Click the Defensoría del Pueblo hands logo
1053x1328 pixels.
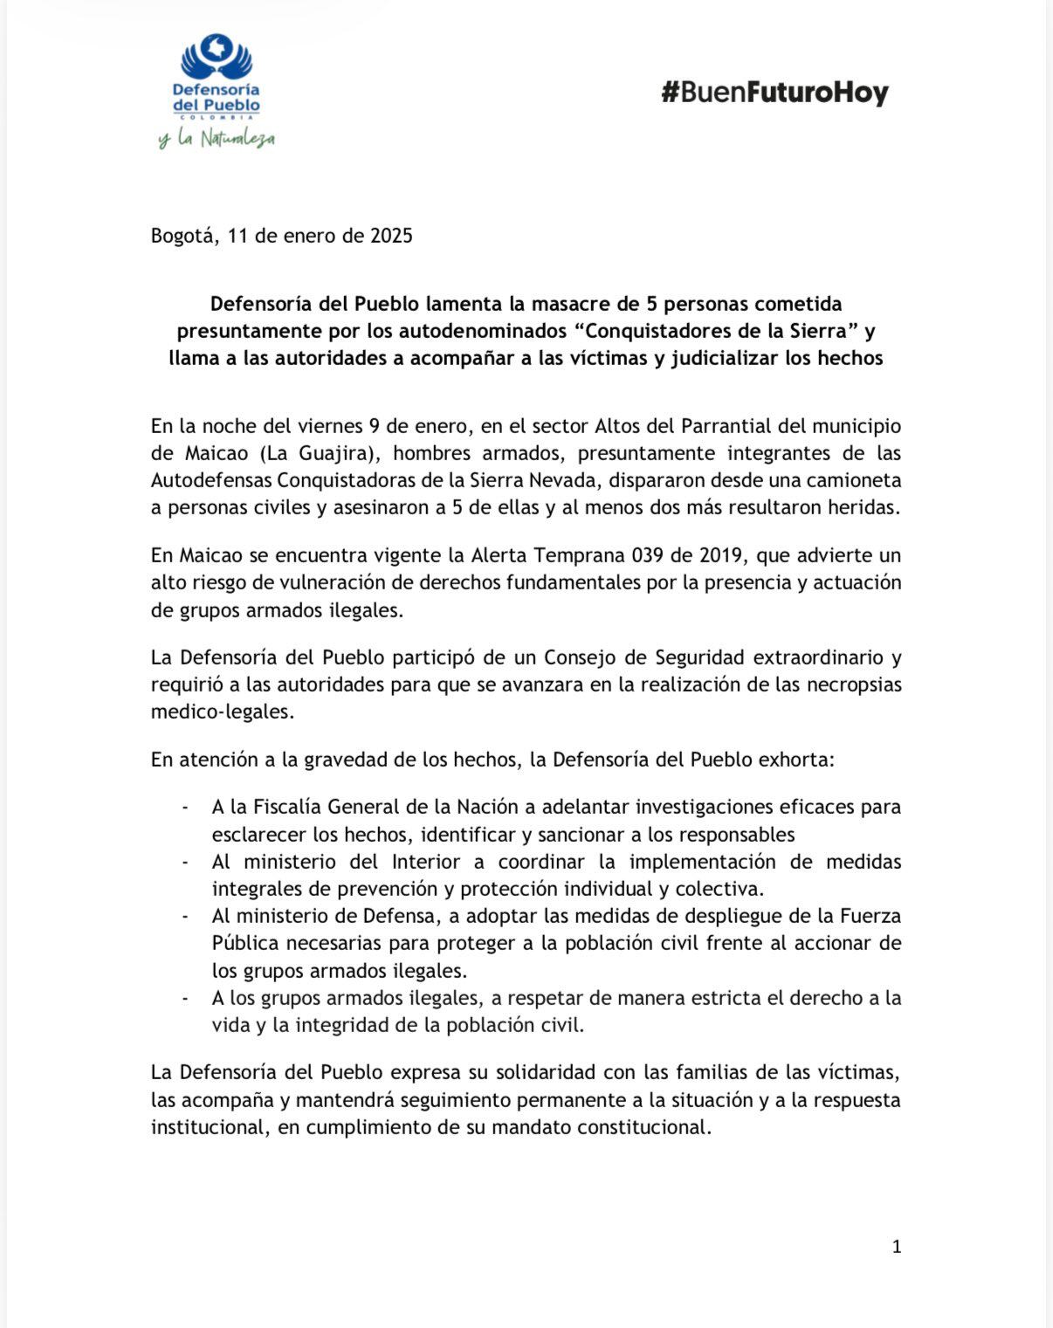(217, 58)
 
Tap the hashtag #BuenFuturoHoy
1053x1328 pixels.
(774, 93)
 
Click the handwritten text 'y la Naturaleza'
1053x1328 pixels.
(217, 139)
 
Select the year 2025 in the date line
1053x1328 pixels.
(390, 236)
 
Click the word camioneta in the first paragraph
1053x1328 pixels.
(859, 480)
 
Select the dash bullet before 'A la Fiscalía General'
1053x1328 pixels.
(184, 808)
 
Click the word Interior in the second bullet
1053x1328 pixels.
(425, 862)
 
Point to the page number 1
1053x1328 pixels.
(896, 1247)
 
